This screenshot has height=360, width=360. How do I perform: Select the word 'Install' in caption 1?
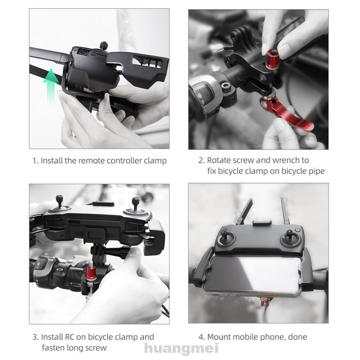tap(51, 160)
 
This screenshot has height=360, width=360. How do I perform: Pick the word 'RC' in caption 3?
tap(69, 337)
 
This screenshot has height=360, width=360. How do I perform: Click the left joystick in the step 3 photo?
tap(59, 201)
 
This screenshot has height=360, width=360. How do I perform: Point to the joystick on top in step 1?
tap(104, 46)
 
